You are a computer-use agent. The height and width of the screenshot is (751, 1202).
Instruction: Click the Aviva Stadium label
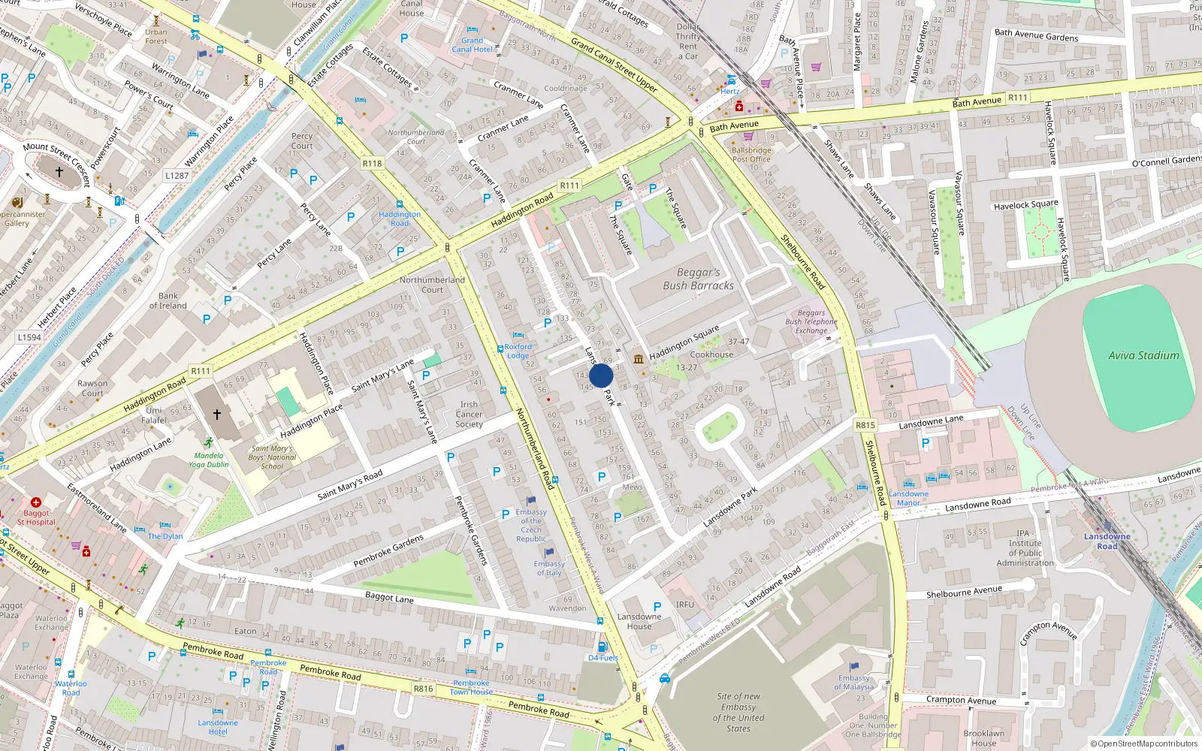[1143, 355]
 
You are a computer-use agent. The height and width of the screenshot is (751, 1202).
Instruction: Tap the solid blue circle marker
[601, 376]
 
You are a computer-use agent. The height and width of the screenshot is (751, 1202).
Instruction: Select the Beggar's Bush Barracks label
[698, 279]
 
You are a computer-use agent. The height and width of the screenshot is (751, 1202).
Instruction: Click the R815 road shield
[865, 425]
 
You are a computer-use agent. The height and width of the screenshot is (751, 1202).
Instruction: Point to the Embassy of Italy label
[549, 569]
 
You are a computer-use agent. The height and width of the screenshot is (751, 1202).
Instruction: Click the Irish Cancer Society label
[469, 414]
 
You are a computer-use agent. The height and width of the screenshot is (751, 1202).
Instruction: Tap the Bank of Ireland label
[168, 300]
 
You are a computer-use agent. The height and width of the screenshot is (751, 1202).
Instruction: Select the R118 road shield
[372, 163]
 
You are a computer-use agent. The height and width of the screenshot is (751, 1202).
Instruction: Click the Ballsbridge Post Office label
[751, 155]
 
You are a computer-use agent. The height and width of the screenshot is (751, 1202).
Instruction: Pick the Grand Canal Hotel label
[472, 45]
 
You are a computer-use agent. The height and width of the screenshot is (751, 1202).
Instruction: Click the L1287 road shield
[177, 176]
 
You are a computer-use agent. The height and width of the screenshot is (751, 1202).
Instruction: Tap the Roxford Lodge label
[518, 351]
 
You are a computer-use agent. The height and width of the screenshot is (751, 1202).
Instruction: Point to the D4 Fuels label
[603, 658]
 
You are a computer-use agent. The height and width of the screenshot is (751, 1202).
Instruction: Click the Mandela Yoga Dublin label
[208, 460]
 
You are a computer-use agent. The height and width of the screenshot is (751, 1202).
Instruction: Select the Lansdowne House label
[639, 621]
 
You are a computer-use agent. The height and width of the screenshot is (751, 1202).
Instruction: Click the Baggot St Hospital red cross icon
[35, 502]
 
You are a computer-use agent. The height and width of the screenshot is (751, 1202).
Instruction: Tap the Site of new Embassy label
[738, 712]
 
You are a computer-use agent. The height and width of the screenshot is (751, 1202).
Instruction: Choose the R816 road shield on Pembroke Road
[424, 688]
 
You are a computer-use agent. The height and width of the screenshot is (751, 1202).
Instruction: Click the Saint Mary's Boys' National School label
[272, 457]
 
